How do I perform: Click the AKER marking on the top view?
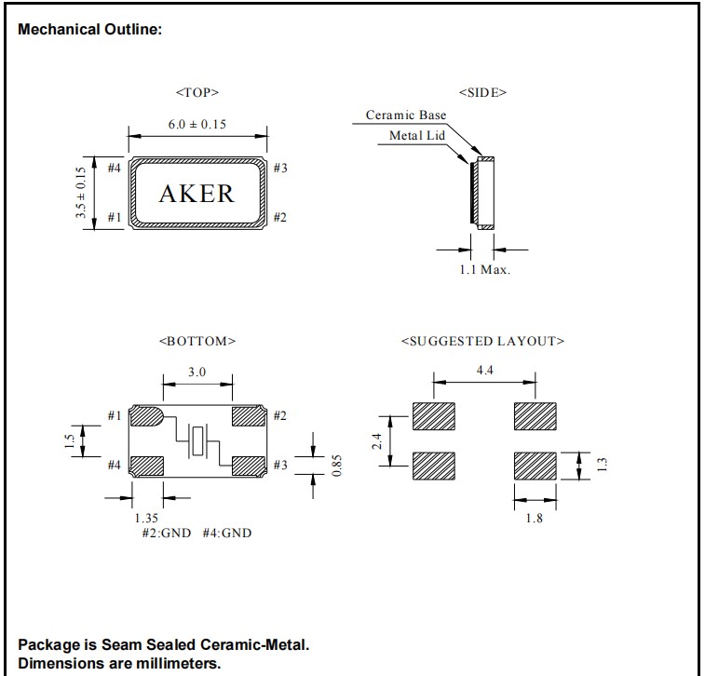(197, 194)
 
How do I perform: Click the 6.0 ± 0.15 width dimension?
(197, 125)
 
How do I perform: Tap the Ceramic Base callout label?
(405, 115)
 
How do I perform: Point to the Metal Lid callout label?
(417, 136)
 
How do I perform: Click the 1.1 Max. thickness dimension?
(484, 270)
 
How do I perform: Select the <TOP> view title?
(197, 93)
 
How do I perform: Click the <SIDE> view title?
(482, 93)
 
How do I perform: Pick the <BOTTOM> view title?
(197, 341)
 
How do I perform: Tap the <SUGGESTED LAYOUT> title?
(482, 341)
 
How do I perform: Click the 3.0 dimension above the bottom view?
(197, 372)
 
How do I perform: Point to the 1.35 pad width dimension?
(145, 517)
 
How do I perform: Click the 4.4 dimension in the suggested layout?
(484, 370)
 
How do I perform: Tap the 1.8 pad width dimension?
(534, 518)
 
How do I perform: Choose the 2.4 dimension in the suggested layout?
(375, 439)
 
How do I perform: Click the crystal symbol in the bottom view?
(197, 439)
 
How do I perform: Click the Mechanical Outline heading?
(90, 30)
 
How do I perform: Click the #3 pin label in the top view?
(280, 168)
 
